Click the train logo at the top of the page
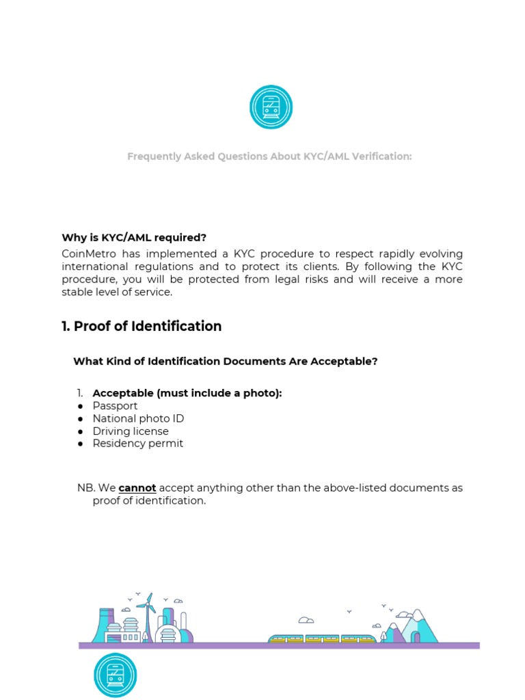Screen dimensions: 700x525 coord(270,107)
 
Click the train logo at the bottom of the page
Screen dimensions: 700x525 coord(115,675)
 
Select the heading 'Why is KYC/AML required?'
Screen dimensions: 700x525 coord(134,238)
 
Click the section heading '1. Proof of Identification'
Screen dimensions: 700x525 coord(142,326)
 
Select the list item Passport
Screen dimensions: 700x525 coord(115,406)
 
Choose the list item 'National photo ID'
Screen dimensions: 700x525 coord(138,418)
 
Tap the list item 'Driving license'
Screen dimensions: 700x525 coord(131,431)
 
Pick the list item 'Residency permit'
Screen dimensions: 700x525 coord(137,444)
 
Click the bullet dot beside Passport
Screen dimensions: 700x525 coord(80,406)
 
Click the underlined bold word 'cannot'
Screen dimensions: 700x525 coord(137,488)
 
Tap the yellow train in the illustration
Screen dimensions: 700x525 coord(322,639)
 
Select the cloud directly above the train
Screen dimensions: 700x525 coord(306,621)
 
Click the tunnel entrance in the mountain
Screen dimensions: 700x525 coord(415,637)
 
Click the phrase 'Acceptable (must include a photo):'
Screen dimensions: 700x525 coord(187,393)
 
